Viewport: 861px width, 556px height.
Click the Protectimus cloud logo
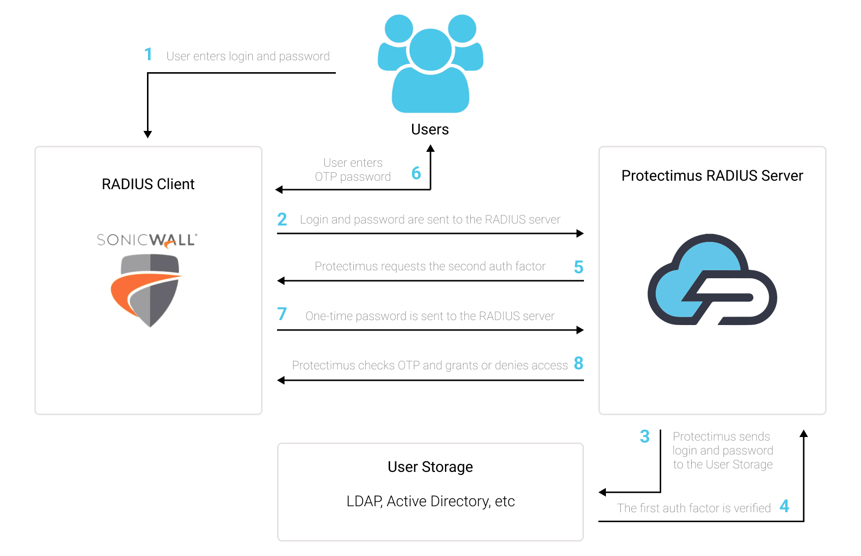713,279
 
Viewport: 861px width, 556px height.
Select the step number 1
148,54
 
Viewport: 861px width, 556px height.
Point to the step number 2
282,219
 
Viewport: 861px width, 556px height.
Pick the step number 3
645,437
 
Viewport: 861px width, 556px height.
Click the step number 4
784,506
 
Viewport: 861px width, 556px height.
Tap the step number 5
578,267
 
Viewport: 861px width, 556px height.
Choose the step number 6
416,173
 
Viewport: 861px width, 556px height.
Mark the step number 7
282,314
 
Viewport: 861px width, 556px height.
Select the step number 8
578,363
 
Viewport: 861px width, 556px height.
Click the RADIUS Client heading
148,184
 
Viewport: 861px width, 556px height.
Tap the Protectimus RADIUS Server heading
713,176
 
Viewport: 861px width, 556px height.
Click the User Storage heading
430,467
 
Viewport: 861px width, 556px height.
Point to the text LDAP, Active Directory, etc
430,501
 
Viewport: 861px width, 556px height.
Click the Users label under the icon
430,129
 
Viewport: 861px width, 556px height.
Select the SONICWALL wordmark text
147,240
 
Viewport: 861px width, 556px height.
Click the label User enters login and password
248,56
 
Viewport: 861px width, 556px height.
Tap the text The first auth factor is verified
694,508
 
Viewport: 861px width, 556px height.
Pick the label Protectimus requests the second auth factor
430,266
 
